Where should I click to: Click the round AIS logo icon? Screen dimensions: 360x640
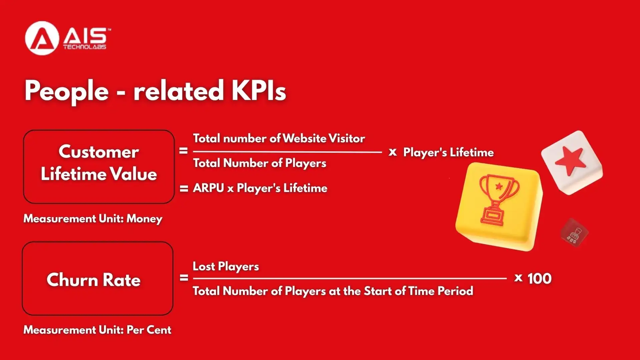[x=42, y=38]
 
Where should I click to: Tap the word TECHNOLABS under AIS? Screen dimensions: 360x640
[x=85, y=47]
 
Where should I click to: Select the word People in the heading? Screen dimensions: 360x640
[x=67, y=91]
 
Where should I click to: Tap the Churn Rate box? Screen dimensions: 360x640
[x=97, y=279]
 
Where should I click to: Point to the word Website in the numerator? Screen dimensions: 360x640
[x=304, y=138]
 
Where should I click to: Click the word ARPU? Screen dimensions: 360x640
[x=208, y=188]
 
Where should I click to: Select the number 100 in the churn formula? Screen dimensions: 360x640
[x=539, y=278]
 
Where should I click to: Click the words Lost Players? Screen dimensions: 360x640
[x=226, y=266]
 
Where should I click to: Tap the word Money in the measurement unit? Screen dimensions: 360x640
[x=144, y=219]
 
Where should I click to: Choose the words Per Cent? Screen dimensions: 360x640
[x=149, y=330]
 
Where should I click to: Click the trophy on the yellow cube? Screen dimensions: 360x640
[x=498, y=200]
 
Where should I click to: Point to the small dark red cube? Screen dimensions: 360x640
[x=574, y=233]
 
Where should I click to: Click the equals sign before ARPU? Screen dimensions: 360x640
[x=184, y=189]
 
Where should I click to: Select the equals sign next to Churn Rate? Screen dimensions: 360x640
[x=184, y=278]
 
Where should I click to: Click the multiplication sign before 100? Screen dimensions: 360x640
[x=518, y=278]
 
